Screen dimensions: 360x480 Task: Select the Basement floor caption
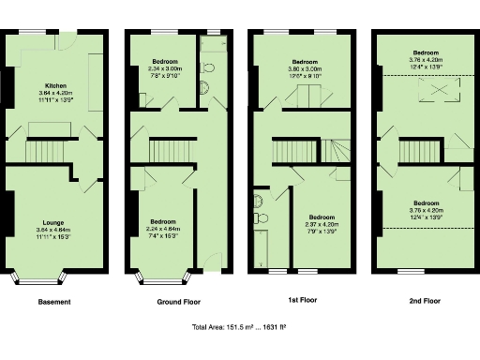coord(54,302)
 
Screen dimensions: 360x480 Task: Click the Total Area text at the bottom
coord(239,327)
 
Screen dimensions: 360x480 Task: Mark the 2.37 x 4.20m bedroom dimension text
coord(322,223)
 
